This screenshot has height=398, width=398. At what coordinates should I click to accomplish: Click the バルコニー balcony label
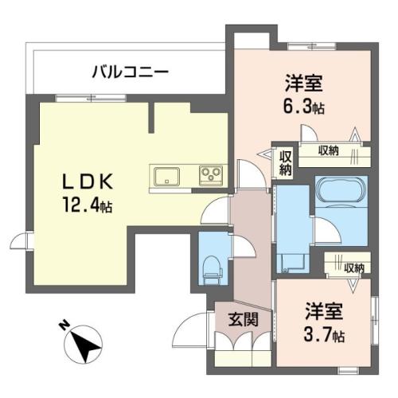(x=131, y=72)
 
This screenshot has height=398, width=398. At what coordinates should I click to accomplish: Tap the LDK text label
(x=88, y=181)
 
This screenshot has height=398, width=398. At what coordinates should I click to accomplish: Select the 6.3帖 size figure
(x=304, y=107)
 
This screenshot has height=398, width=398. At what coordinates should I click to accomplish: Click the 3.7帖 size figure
(x=324, y=335)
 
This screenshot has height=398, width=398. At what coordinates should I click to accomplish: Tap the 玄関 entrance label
(x=244, y=319)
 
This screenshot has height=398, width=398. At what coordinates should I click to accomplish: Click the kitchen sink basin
(x=166, y=177)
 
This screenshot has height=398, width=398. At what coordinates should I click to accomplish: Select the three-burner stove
(x=211, y=175)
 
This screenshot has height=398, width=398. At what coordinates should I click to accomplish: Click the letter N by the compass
(x=64, y=325)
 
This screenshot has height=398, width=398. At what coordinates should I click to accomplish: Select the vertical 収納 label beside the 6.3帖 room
(x=285, y=163)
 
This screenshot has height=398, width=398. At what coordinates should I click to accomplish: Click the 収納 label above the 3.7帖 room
(x=353, y=268)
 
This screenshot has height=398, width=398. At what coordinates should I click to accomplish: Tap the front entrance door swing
(x=189, y=330)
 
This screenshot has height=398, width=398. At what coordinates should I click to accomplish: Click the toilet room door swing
(x=244, y=246)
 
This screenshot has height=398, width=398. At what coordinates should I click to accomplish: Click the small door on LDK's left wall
(x=18, y=240)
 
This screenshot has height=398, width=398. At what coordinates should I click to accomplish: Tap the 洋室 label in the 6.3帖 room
(x=304, y=83)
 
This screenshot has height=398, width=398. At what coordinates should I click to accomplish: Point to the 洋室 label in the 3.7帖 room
(x=324, y=311)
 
